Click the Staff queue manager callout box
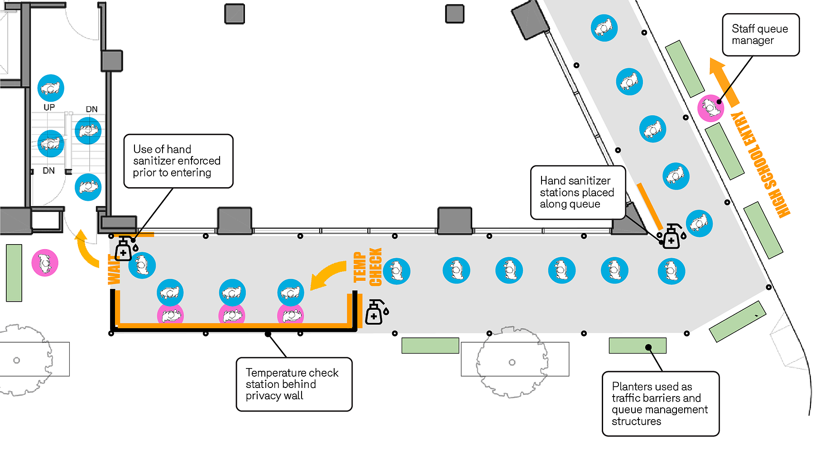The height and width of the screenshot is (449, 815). click(x=760, y=35)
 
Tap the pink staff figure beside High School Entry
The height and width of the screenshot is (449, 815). click(x=710, y=108)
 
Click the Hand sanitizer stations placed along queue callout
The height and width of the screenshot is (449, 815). click(x=578, y=193)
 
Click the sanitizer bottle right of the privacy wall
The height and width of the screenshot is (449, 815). click(x=375, y=312)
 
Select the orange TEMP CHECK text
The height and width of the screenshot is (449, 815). click(x=367, y=267)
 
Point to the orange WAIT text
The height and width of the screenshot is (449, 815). click(x=114, y=270)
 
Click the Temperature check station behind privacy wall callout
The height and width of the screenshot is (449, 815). click(x=294, y=384)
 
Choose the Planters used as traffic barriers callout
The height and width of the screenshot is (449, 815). click(x=660, y=404)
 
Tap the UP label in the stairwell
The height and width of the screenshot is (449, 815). click(x=49, y=107)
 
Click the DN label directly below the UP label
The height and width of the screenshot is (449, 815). click(x=48, y=170)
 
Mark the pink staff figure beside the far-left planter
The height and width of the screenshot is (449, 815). click(x=45, y=263)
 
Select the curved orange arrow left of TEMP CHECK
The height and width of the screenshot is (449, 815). click(x=328, y=274)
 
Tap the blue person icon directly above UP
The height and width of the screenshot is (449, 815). click(x=50, y=88)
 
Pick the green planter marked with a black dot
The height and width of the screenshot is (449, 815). click(x=637, y=346)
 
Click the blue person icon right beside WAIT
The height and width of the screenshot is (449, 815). click(x=142, y=265)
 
